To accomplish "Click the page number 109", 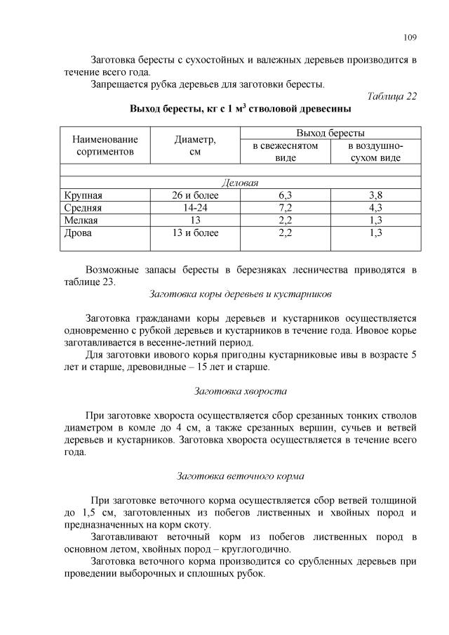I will tap(410, 37).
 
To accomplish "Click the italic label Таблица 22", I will tap(392, 96).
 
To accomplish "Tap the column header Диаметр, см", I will tap(195, 145).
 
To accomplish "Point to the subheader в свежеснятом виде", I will tap(285, 152).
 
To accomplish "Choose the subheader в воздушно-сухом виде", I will tap(375, 152).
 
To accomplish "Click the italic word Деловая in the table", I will tap(240, 183).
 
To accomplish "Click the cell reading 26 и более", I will tap(195, 195).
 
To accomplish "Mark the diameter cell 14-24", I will tap(195, 208).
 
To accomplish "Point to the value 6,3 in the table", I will tap(285, 195).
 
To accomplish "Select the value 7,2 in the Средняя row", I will tap(285, 208).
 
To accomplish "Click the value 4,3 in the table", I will tap(375, 208).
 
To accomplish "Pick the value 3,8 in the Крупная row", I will tap(375, 195).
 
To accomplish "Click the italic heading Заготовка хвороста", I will tap(240, 391).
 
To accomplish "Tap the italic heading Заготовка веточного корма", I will tap(240, 476).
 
